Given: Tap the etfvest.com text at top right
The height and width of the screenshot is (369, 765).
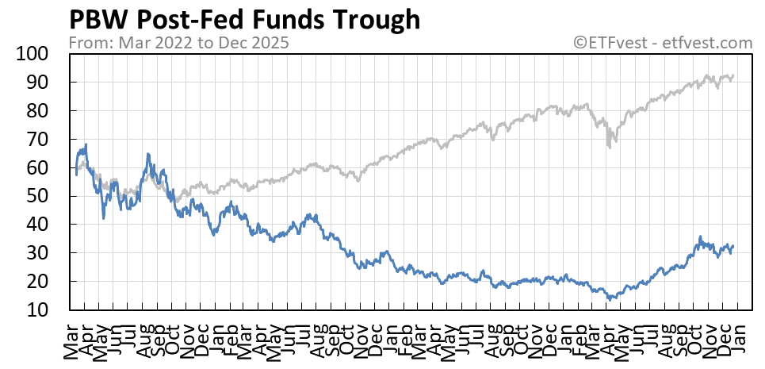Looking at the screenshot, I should click(x=711, y=42).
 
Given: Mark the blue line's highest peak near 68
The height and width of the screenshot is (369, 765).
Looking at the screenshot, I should click(x=85, y=144).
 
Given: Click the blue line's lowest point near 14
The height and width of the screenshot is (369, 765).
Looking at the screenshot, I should click(x=609, y=299).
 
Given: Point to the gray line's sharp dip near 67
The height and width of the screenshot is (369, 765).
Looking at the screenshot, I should click(x=609, y=147).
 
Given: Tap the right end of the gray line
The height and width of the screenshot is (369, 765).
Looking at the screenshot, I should click(x=734, y=75).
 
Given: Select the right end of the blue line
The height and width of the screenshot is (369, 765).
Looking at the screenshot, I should click(x=734, y=246).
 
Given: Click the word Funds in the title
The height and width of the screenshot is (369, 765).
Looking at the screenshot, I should click(x=297, y=19).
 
